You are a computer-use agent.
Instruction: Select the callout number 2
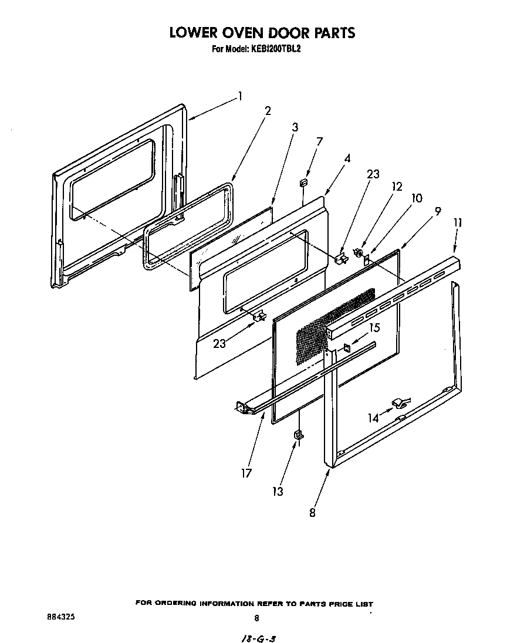point(268,111)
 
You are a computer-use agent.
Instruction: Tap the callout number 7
point(319,141)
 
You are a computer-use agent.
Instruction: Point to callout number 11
point(458,222)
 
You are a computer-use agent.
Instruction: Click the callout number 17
point(246,473)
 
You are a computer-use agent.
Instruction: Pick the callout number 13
point(277,491)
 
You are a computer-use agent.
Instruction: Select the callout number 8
point(312,512)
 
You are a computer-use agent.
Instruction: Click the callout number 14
point(374,418)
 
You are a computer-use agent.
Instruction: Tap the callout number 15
point(374,327)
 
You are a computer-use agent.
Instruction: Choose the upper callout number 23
point(373,174)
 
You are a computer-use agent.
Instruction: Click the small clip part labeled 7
point(304,183)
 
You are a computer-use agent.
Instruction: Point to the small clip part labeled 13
point(299,434)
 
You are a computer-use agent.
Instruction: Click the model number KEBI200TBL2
point(276,49)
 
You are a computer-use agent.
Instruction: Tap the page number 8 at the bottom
point(256,618)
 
